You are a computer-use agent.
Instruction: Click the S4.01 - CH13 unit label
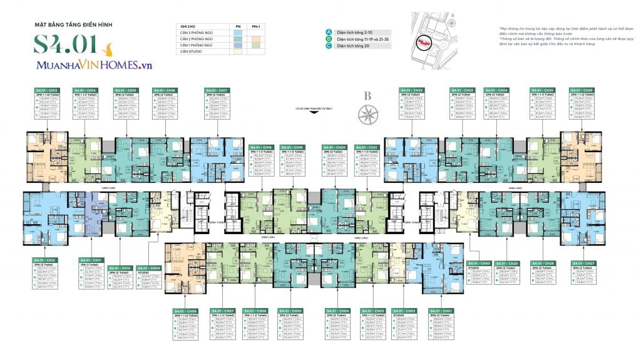coord(45,90)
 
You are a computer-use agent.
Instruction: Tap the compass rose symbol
coord(367,113)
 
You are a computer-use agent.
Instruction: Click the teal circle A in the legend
coord(328,32)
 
